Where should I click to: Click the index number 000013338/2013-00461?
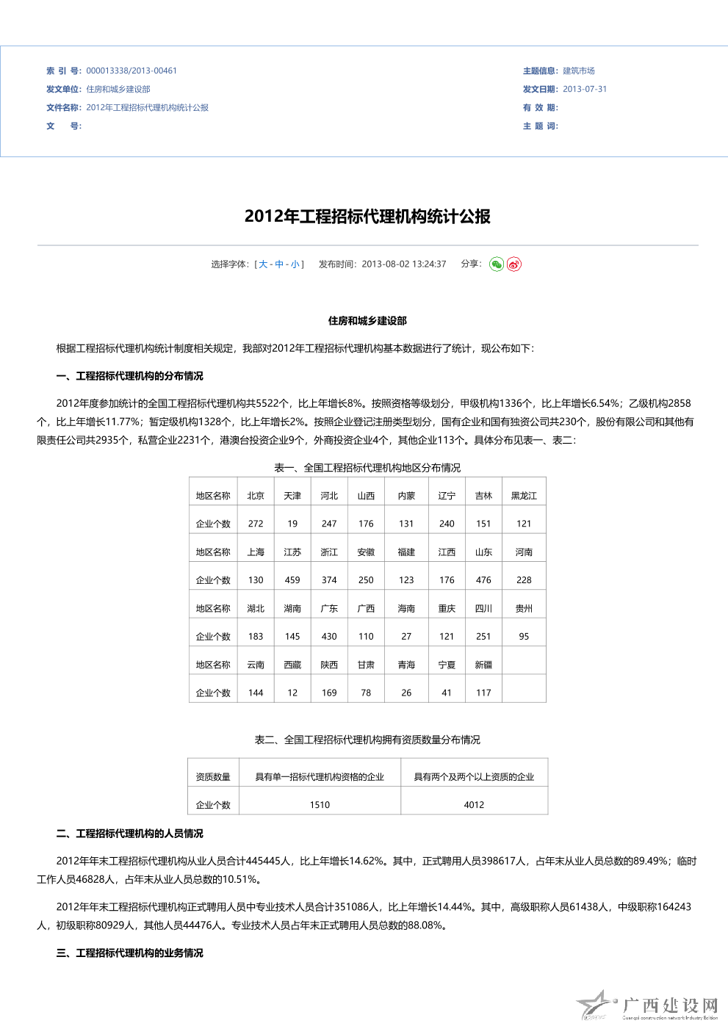pos(131,71)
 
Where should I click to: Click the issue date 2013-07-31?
pos(585,90)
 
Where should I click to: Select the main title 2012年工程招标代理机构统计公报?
pos(367,217)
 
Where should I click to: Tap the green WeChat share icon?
pos(497,264)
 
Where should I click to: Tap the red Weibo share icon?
pos(514,264)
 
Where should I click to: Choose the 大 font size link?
pos(263,264)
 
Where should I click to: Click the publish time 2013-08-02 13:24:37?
pos(403,264)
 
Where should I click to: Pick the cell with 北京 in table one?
pos(256,496)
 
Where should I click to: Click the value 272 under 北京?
pos(256,524)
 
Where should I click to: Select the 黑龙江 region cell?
pos(524,496)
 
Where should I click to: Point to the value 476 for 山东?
pos(483,580)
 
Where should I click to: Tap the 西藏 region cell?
pos(292,665)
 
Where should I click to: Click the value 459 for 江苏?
pos(292,580)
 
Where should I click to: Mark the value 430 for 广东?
pos(329,637)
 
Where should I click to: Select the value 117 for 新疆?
pos(483,693)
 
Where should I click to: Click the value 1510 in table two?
pos(320,805)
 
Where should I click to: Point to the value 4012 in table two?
pos(474,805)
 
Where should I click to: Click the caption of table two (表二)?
pos(367,740)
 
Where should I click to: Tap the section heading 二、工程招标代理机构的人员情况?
pos(129,834)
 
